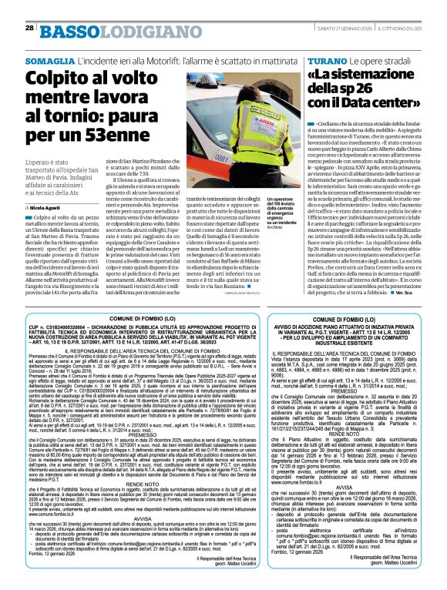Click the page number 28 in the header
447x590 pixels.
(29, 28)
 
